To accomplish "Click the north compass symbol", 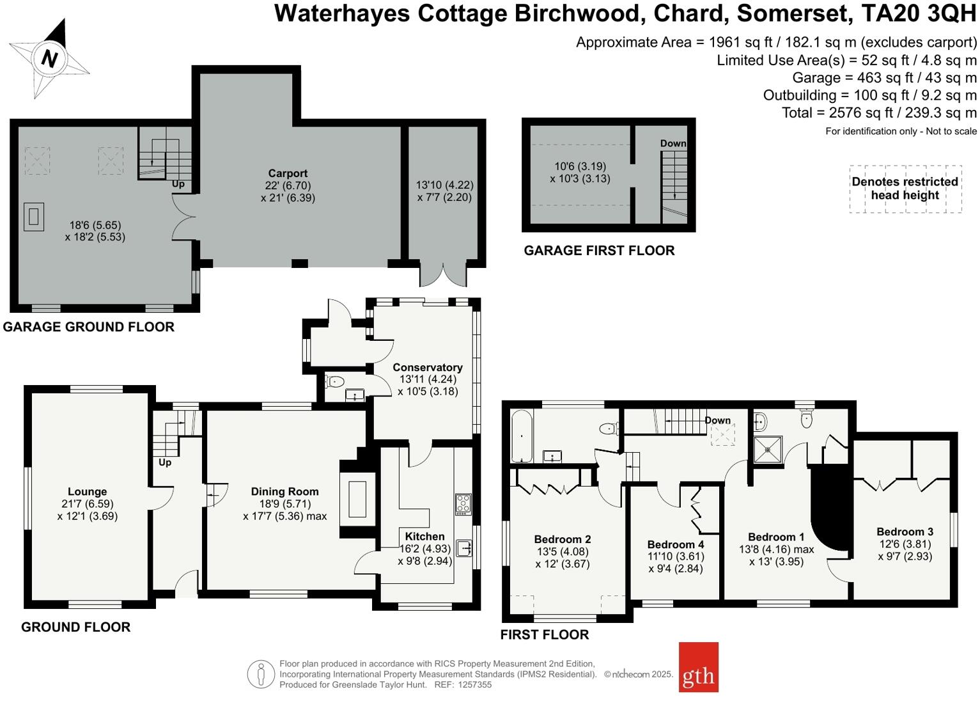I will pos(49,59).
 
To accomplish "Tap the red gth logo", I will pos(698,667).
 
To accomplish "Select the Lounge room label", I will pos(87,492).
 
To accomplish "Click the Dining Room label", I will pos(284,492).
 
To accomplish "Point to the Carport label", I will pos(288,173).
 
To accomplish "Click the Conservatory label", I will pos(427,367).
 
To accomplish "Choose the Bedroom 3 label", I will pos(905,532).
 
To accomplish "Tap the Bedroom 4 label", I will pos(676,544).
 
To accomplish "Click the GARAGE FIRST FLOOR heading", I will pos(599,251).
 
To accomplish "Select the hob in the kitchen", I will pos(463,504).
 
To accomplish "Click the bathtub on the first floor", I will pos(522,437).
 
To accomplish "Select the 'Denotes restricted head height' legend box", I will pos(905,189).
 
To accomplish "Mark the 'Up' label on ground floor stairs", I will pos(165,462).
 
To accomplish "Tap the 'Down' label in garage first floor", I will pos(673,143).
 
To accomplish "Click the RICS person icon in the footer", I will pos(261,674).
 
